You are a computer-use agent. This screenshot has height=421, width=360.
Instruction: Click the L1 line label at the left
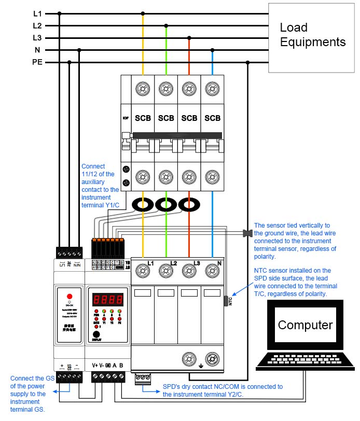point(37,13)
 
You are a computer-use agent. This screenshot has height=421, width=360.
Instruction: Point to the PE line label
point(37,62)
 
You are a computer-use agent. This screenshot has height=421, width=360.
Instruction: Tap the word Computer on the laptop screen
point(304,325)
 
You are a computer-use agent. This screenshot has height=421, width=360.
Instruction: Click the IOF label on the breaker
point(126,118)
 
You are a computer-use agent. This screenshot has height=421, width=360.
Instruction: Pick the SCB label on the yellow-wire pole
point(143,118)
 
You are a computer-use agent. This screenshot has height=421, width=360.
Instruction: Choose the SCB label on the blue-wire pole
point(212,118)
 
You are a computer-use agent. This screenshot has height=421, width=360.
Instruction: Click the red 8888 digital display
point(108,300)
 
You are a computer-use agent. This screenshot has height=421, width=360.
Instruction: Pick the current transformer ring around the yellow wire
point(143,205)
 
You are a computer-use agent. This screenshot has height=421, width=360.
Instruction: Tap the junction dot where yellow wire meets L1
point(143,13)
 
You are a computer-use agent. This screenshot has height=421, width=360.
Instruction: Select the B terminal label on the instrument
point(121,364)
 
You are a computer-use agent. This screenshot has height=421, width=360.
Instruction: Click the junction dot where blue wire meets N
point(212,50)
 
